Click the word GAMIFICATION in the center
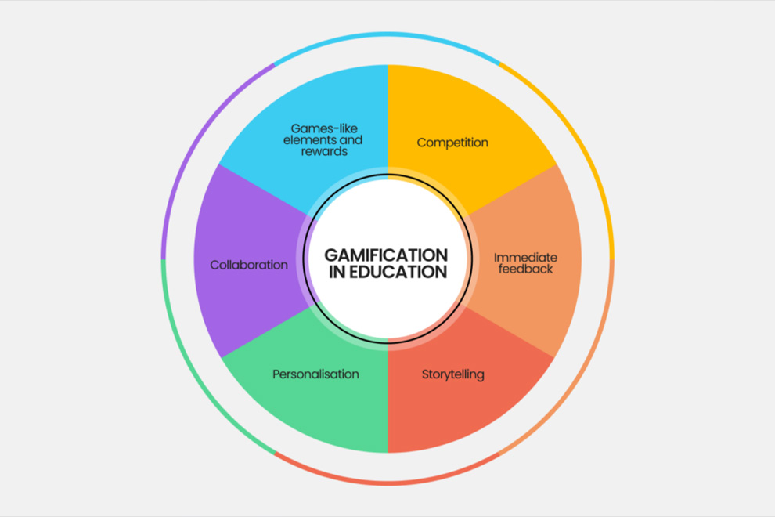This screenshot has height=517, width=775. (387, 255)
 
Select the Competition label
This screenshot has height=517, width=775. (452, 143)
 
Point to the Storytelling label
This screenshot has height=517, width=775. (452, 374)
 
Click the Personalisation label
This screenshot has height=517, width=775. (315, 374)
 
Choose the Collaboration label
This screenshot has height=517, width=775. (249, 265)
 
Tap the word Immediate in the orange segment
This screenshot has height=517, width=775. (525, 257)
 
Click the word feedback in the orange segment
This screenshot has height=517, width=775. (525, 269)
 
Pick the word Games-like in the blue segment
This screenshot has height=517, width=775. (324, 128)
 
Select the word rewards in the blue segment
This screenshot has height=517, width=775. (324, 151)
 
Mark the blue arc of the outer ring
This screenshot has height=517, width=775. (387, 34)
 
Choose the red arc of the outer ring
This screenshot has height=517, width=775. (387, 483)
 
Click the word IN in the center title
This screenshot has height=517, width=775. (337, 273)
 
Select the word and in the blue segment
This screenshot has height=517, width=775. (351, 139)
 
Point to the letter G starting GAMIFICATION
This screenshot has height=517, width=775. (331, 255)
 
